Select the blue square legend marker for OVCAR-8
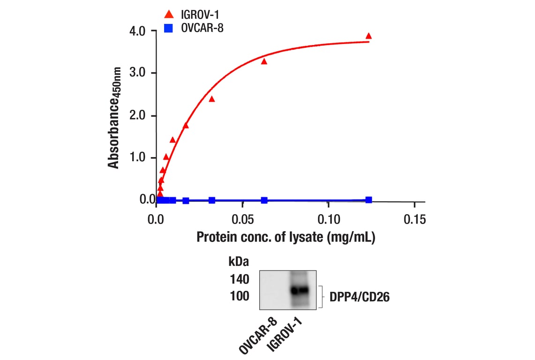point(169,29)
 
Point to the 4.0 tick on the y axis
point(139,31)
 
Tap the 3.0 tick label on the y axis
point(139,73)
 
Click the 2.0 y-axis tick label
point(139,115)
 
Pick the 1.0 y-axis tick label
point(139,157)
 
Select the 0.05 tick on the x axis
point(242,219)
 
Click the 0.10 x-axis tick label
point(328,219)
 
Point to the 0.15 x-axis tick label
point(414,219)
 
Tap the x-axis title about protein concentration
point(286,237)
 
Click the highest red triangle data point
point(369,36)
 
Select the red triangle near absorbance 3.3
point(264,61)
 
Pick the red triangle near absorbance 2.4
point(211,99)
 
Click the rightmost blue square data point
point(369,200)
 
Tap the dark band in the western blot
point(299,290)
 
